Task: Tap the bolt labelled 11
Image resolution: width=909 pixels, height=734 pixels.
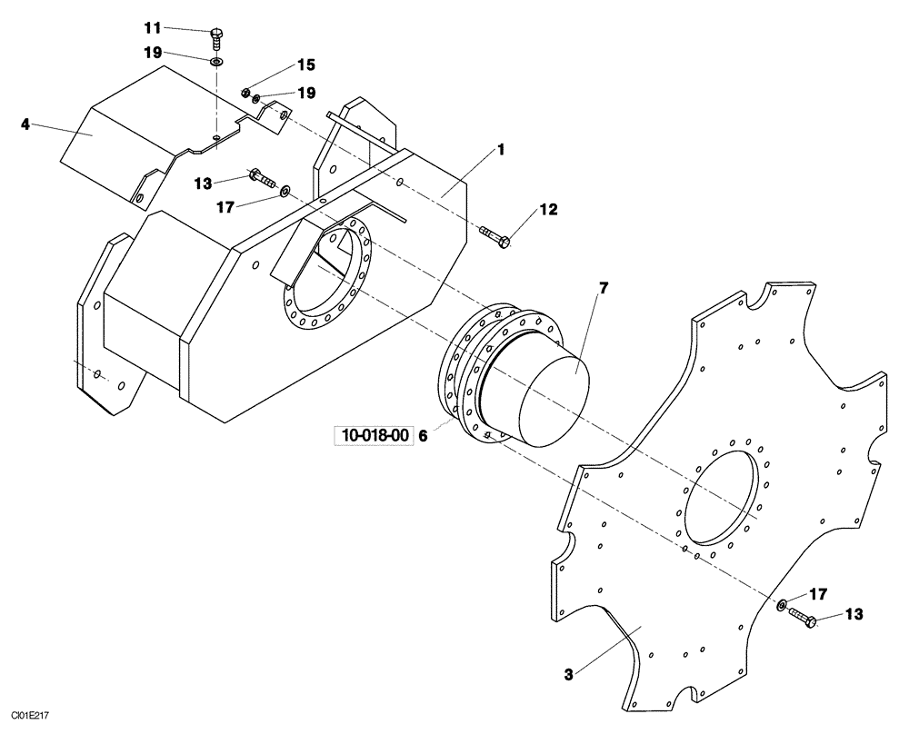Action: [216, 35]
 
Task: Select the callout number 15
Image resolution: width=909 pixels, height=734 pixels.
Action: [305, 65]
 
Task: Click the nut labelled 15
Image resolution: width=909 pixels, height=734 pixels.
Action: [245, 92]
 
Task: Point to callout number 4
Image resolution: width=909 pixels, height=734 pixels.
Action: [26, 124]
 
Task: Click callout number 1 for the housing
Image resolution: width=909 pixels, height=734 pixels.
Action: [500, 150]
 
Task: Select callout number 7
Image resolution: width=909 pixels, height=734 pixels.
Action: [604, 289]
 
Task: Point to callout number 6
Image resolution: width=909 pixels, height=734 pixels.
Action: [422, 436]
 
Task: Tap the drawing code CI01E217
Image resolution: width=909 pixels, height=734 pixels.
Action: [26, 717]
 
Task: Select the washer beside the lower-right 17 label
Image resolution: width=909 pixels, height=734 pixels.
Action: [781, 605]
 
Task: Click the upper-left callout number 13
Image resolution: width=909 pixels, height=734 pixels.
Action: [202, 183]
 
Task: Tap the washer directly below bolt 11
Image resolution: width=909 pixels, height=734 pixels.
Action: [217, 63]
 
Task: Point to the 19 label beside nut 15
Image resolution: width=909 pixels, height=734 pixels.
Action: [305, 93]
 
